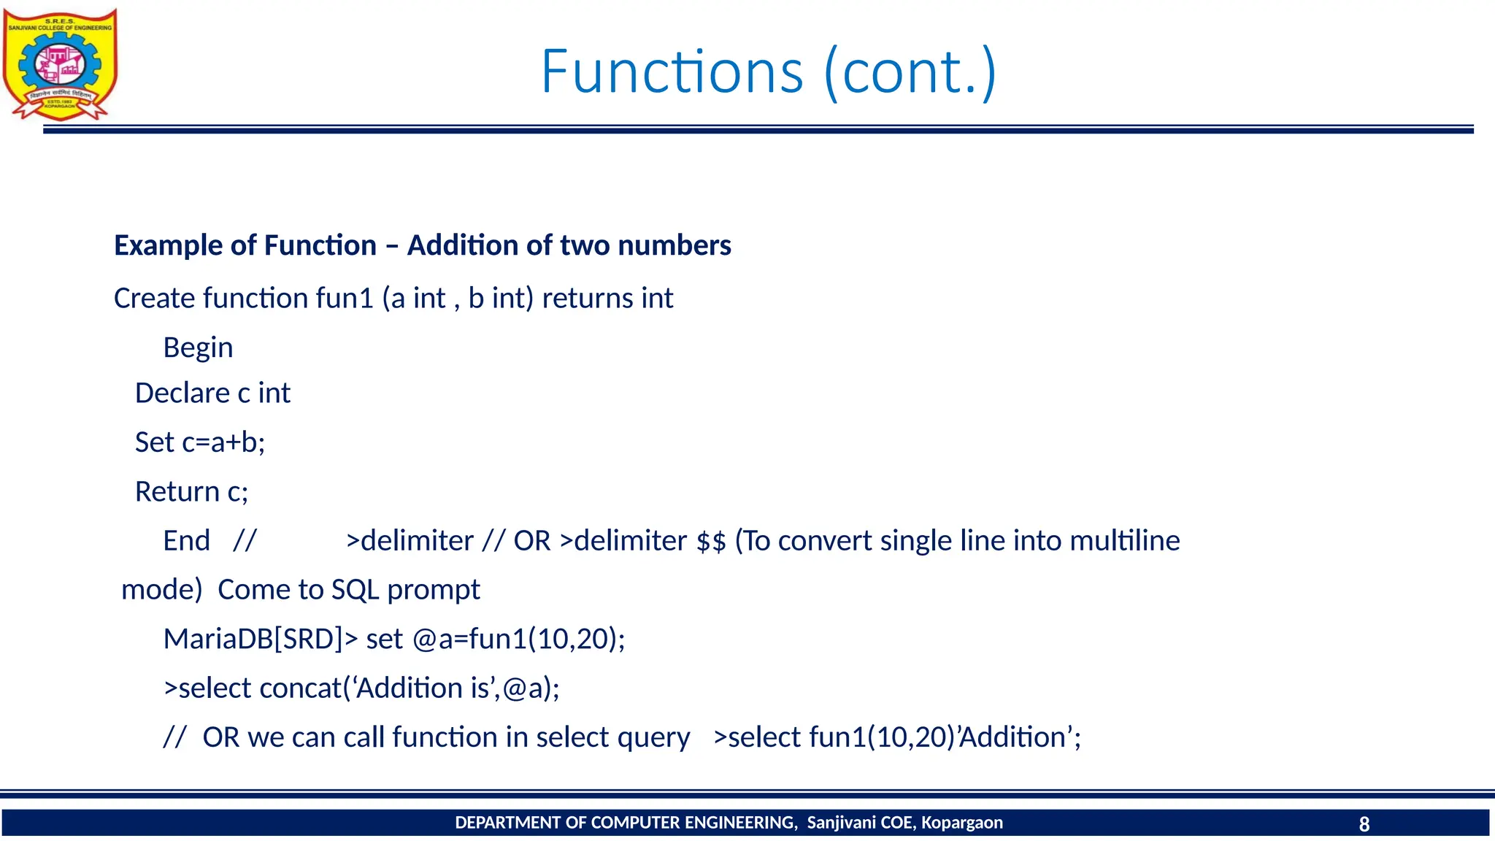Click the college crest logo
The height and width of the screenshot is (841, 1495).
[60, 64]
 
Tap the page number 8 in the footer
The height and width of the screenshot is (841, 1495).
[1364, 824]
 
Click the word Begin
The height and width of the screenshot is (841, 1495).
[198, 348]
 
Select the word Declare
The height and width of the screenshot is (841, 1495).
[182, 393]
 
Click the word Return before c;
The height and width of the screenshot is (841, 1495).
[177, 492]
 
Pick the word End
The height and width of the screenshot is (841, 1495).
[186, 541]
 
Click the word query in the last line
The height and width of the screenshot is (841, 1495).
[653, 738]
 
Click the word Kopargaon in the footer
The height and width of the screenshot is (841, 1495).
[961, 823]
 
